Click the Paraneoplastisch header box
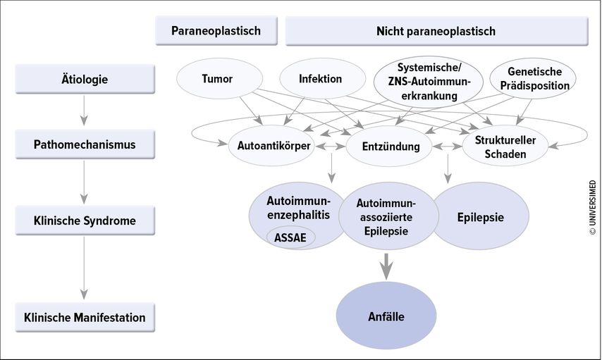point(216,31)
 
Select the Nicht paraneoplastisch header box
point(436,31)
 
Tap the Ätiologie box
point(85,79)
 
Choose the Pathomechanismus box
point(85,144)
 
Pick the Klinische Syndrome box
point(85,221)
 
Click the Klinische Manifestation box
point(85,318)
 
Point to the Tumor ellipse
point(220,79)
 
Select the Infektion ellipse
point(323,79)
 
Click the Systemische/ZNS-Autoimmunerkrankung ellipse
point(429,82)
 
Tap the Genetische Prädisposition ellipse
point(533,79)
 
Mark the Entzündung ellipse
point(389,147)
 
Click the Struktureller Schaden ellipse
point(505,147)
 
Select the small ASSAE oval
point(291,237)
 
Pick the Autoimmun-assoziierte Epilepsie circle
point(388,217)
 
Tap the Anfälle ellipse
point(386,316)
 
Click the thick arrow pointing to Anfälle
point(386,266)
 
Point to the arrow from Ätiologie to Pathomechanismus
point(84,110)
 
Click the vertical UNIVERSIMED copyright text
point(593,208)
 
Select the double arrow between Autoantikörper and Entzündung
point(330,147)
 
